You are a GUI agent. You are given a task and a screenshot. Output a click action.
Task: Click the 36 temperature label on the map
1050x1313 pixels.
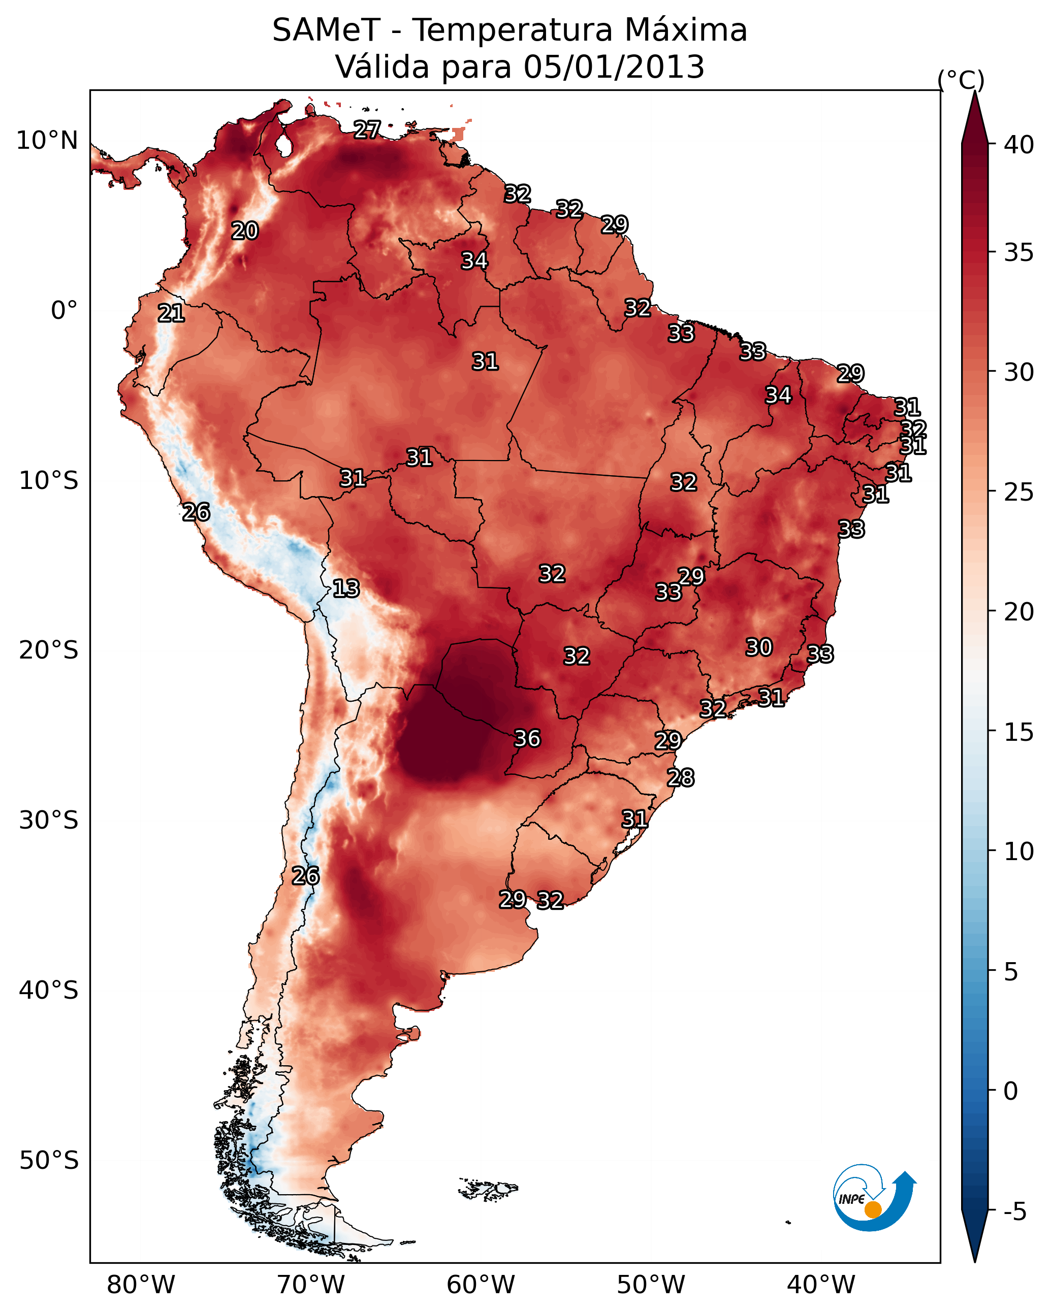click(527, 739)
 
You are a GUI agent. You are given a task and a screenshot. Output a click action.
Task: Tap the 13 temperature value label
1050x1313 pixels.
click(346, 589)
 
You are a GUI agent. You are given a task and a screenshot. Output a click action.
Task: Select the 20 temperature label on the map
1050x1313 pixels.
click(245, 231)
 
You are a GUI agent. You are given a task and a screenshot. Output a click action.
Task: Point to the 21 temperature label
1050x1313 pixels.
click(171, 314)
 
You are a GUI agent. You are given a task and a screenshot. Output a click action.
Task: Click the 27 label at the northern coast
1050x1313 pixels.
click(367, 129)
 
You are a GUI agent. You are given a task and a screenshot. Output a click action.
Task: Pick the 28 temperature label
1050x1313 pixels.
click(681, 778)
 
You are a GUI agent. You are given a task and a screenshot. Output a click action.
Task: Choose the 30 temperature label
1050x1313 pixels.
click(759, 647)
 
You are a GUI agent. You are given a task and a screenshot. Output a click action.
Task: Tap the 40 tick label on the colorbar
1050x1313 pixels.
click(1019, 145)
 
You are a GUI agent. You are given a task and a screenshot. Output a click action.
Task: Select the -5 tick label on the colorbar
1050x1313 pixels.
click(1014, 1211)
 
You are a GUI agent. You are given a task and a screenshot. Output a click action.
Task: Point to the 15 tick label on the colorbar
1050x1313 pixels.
click(1019, 732)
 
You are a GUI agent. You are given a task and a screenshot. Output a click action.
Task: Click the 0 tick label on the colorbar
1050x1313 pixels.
click(1010, 1091)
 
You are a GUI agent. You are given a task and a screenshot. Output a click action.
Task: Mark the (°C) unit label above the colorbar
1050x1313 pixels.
click(961, 80)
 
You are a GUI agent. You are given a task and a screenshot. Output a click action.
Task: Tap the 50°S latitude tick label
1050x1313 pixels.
click(49, 1161)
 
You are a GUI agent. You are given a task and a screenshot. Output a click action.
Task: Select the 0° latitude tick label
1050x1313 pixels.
click(64, 311)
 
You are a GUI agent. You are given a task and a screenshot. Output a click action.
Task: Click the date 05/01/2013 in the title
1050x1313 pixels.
click(614, 67)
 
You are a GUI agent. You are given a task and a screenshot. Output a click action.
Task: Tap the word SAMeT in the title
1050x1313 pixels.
click(326, 30)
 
